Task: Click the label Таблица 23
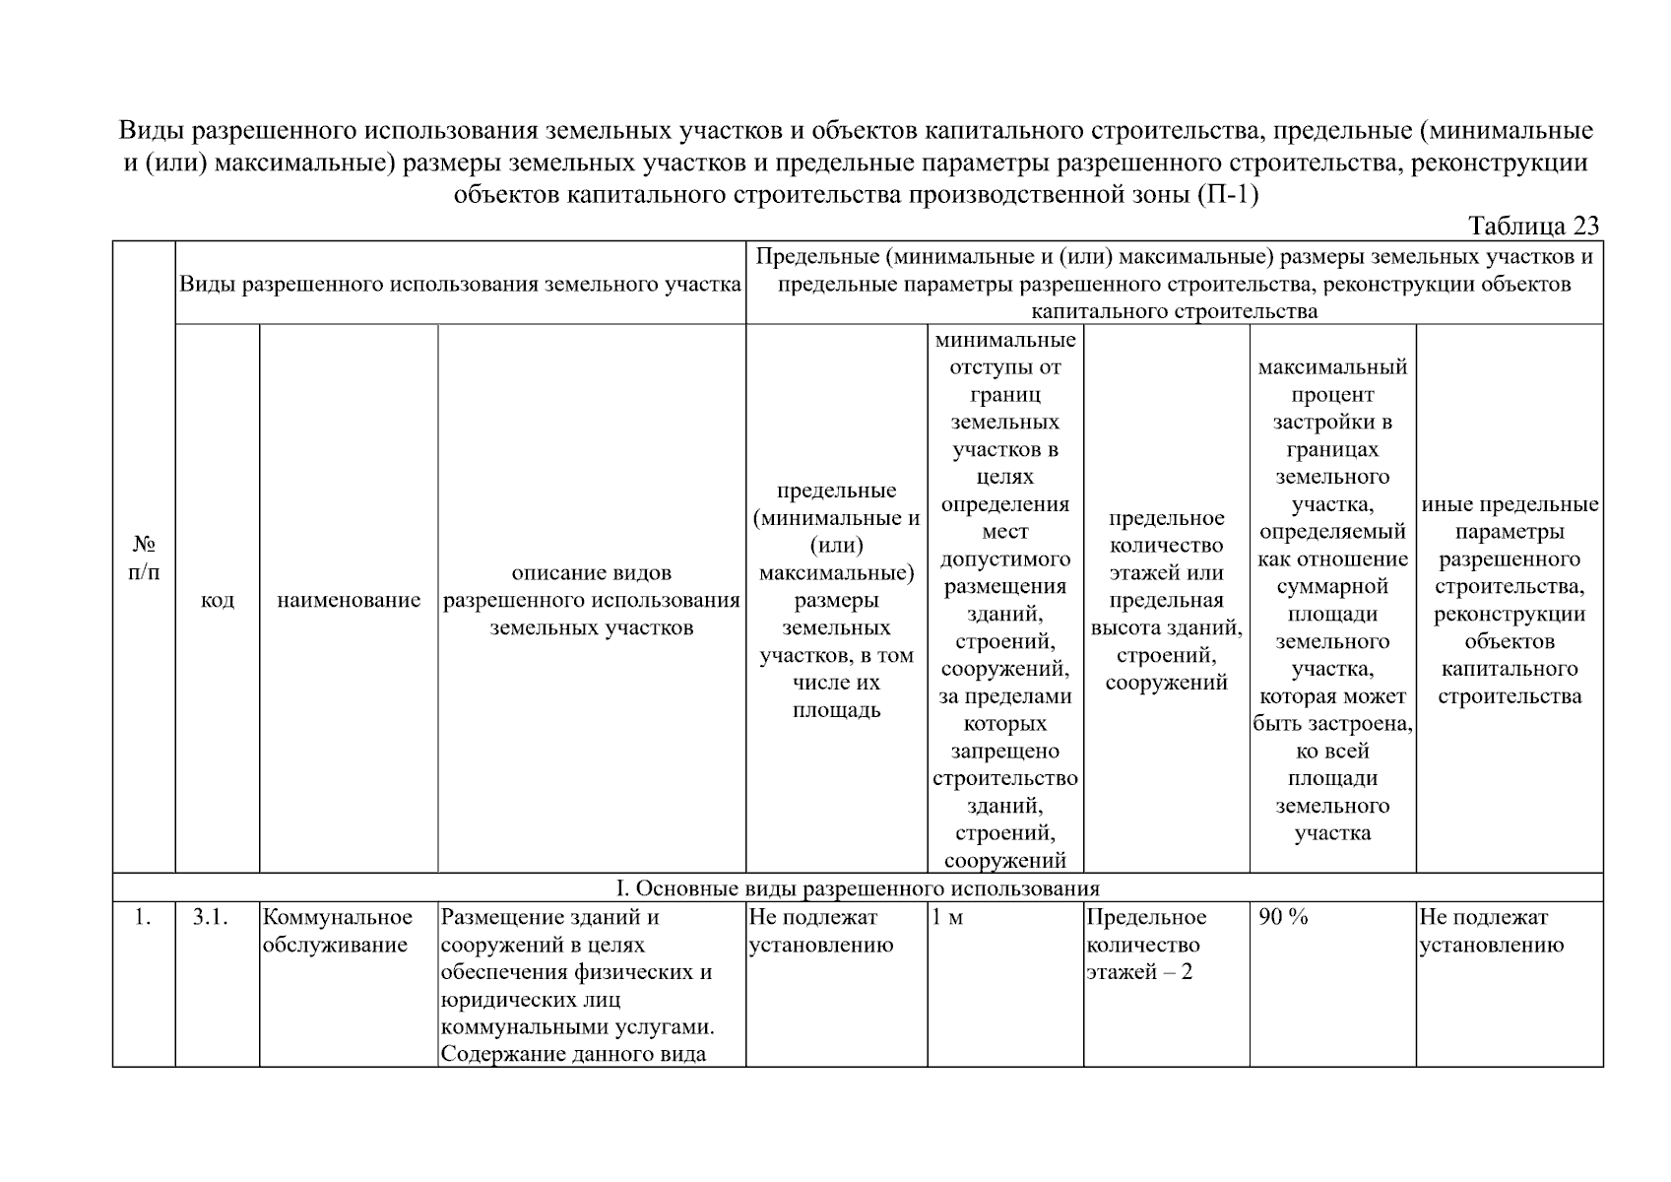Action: click(x=1533, y=227)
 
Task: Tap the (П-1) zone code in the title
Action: click(x=1228, y=195)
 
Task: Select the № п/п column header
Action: click(x=144, y=558)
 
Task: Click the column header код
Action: click(x=218, y=600)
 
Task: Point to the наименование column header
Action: click(x=349, y=600)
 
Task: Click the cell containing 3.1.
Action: click(x=210, y=918)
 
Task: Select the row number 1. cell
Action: click(x=143, y=918)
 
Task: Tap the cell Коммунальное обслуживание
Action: click(x=338, y=931)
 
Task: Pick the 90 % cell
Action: click(x=1284, y=918)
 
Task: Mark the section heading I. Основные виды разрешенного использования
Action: click(x=857, y=887)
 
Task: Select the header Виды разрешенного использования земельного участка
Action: click(x=460, y=285)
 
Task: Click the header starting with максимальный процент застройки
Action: click(x=1332, y=600)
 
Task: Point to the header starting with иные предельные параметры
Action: click(x=1510, y=600)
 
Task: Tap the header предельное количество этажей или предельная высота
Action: click(x=1166, y=600)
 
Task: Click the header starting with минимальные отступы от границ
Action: click(x=1004, y=600)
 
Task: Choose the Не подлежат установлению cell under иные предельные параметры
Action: click(x=1491, y=931)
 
